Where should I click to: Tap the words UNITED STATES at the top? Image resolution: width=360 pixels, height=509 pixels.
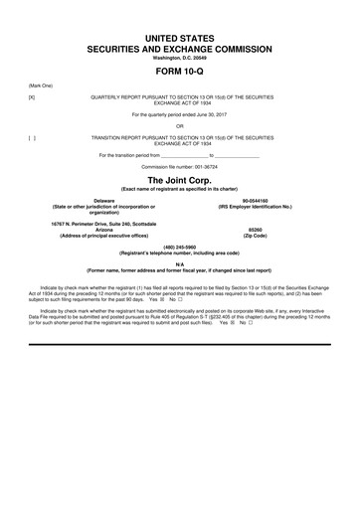pyautogui.click(x=180, y=37)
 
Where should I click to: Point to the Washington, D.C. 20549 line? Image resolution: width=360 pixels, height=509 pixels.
pyautogui.click(x=180, y=58)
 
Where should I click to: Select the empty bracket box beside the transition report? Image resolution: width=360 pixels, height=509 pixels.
pyautogui.click(x=32, y=136)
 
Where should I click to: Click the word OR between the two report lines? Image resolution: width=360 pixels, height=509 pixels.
pyautogui.click(x=180, y=125)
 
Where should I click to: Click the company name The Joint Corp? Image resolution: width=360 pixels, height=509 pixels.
pyautogui.click(x=180, y=179)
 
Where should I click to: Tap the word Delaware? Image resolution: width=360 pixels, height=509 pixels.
pyautogui.click(x=90, y=200)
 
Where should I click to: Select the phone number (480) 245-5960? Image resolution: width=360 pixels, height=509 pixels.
pyautogui.click(x=180, y=245)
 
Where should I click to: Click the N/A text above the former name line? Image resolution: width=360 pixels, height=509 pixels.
pyautogui.click(x=180, y=263)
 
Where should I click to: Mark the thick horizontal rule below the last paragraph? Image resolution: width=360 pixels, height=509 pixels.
pyautogui.click(x=180, y=344)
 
